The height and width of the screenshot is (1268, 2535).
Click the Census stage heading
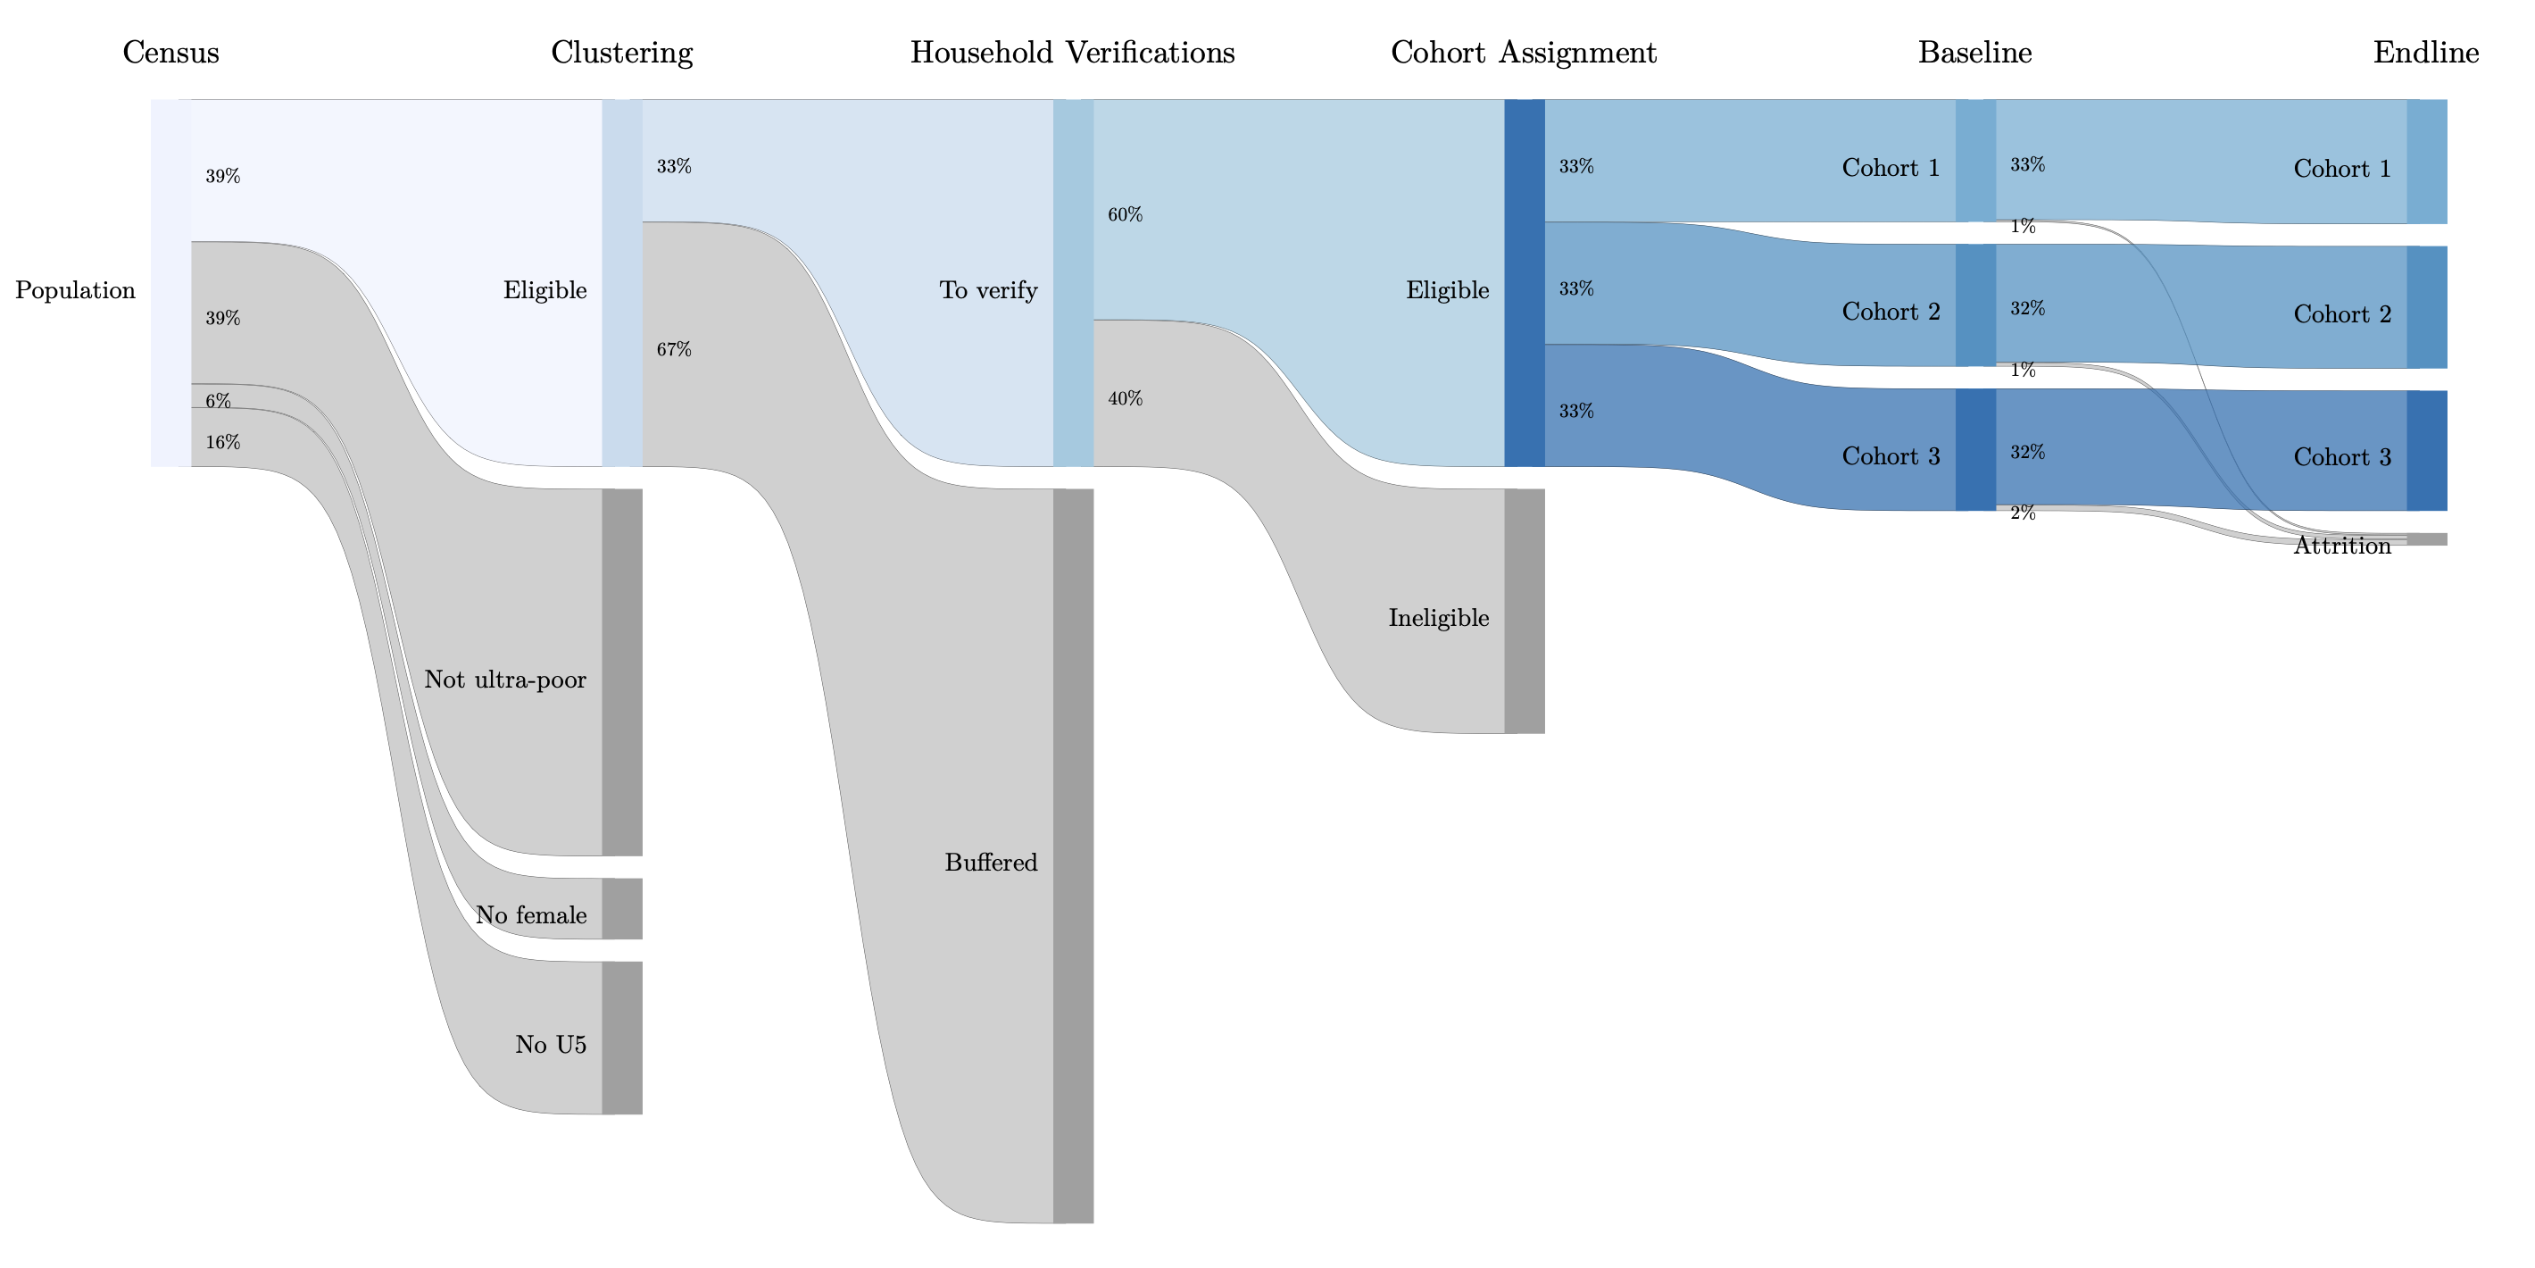point(170,52)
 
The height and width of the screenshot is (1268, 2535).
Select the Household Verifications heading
point(1072,52)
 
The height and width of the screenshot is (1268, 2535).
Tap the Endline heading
point(2425,52)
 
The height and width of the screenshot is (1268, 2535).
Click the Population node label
point(75,290)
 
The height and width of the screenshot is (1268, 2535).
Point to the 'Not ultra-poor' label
point(505,680)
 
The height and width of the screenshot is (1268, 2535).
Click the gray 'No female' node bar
point(622,909)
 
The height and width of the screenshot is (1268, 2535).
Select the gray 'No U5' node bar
point(622,1038)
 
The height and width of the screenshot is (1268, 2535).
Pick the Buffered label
point(990,863)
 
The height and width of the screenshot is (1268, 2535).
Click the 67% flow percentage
point(674,349)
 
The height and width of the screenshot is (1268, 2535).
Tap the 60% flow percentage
point(1125,214)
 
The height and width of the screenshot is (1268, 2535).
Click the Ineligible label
point(1438,618)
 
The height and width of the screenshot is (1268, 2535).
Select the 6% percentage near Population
point(218,401)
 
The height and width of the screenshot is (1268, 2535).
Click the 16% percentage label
point(222,442)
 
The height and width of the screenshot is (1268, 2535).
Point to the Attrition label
point(2341,546)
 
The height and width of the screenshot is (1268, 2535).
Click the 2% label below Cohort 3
point(2023,513)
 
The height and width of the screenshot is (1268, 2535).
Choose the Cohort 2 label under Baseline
point(1891,312)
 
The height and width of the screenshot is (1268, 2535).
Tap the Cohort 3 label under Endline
point(2341,457)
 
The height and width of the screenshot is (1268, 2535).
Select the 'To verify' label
point(988,290)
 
